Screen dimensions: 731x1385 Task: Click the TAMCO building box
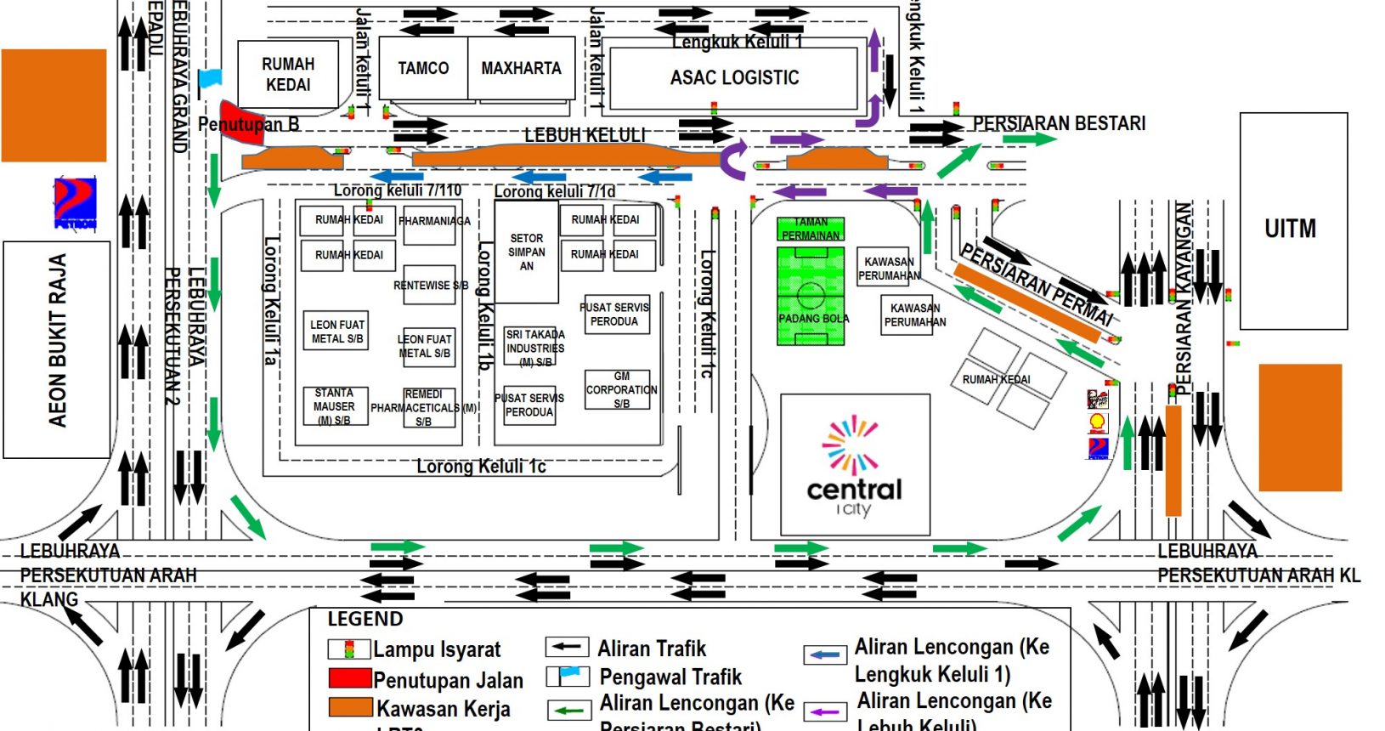click(x=423, y=68)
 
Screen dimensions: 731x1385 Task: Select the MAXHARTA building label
click(x=521, y=68)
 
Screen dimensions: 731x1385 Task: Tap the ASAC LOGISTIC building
click(x=734, y=78)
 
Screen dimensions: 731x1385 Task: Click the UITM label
click(x=1290, y=229)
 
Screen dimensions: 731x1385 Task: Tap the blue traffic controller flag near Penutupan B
click(x=209, y=81)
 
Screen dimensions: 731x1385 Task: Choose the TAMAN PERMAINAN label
click(x=811, y=229)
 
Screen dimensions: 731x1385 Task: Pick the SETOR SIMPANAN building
click(x=527, y=252)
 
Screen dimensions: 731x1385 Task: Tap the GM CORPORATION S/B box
click(x=621, y=390)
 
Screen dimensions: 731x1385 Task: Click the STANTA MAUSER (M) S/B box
click(x=335, y=406)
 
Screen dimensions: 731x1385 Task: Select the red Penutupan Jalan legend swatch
click(x=350, y=678)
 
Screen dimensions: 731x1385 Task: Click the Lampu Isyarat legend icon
click(x=348, y=650)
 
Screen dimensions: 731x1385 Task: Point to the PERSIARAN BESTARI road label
click(x=1059, y=124)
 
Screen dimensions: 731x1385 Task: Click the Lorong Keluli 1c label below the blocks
click(x=481, y=467)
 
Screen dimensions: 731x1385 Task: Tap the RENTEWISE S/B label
click(x=431, y=286)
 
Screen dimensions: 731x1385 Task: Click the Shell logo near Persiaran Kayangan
click(x=1098, y=422)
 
